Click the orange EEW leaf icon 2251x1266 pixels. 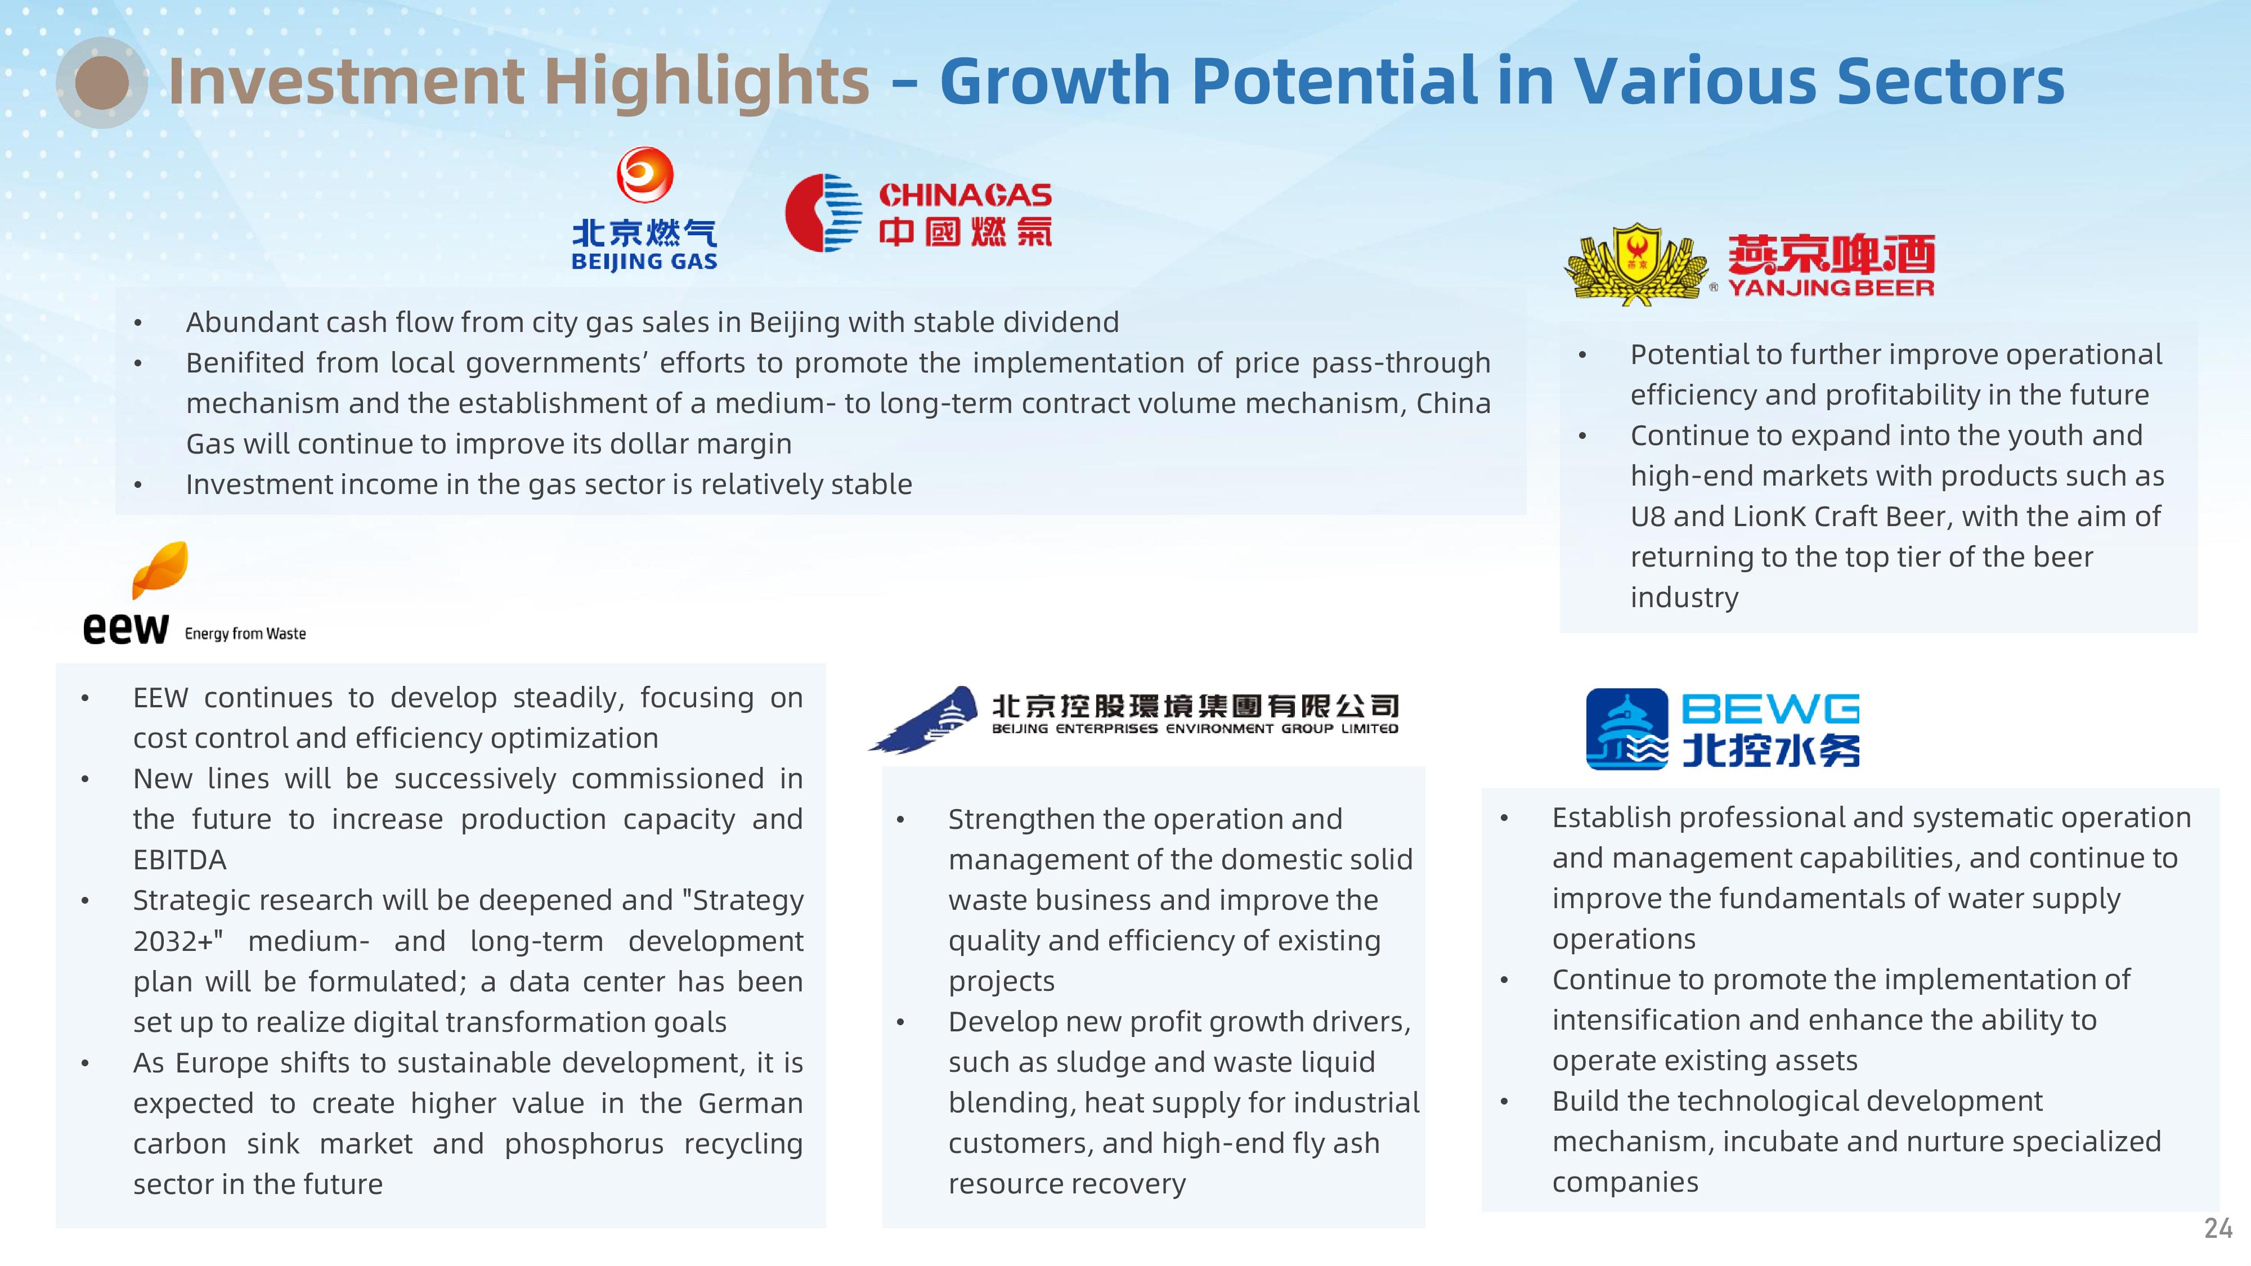[x=160, y=569]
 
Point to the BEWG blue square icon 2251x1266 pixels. [x=1627, y=729]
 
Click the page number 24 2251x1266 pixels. [x=2218, y=1228]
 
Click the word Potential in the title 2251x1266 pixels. [x=1336, y=81]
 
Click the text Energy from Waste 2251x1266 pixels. [x=245, y=634]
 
